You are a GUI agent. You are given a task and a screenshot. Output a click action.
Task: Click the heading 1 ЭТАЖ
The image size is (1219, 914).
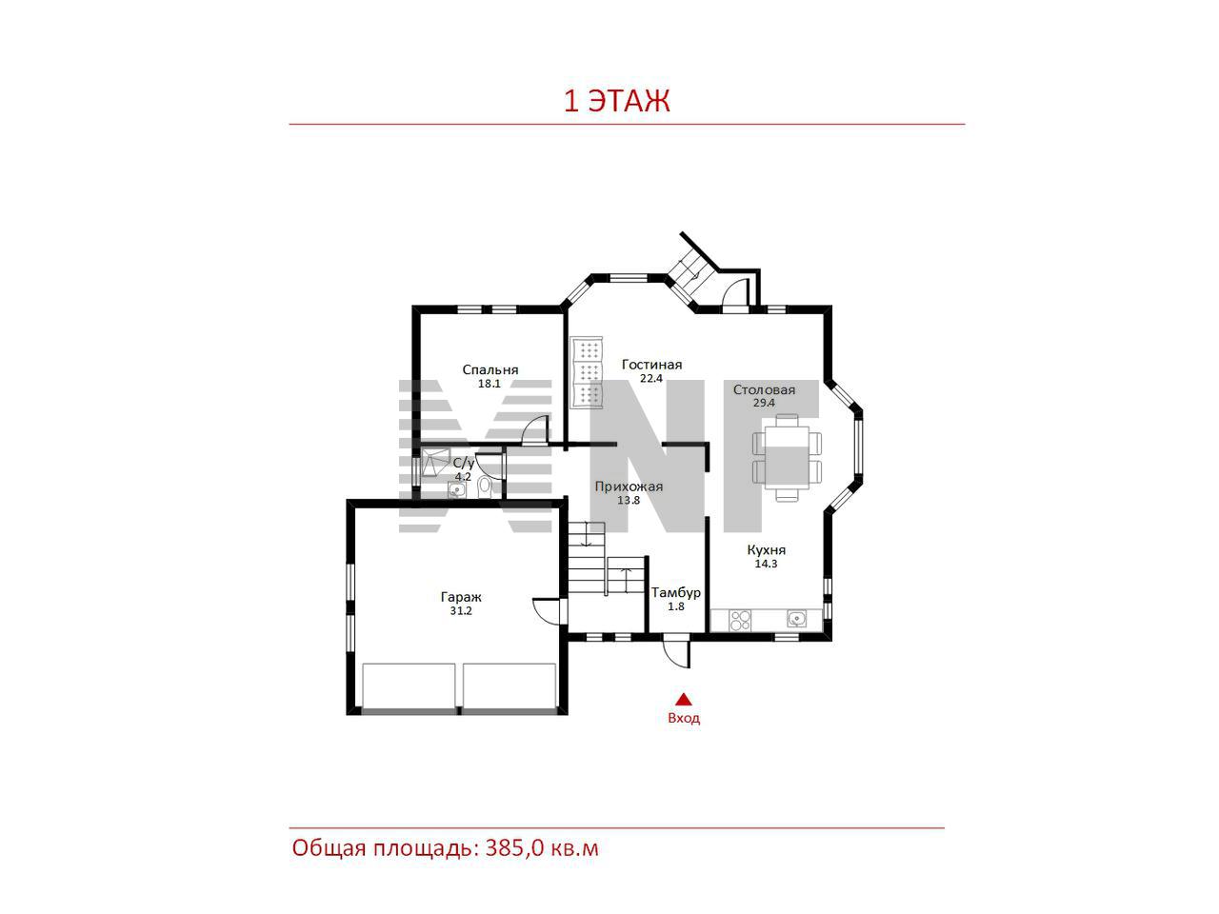click(x=616, y=101)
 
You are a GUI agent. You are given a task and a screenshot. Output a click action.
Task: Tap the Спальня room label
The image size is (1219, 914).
click(x=490, y=369)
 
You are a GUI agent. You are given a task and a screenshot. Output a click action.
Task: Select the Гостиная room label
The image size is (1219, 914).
click(x=651, y=365)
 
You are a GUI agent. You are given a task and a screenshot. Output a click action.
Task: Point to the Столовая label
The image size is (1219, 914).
click(x=764, y=389)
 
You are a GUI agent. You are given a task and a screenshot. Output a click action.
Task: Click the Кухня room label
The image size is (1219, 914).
click(x=766, y=550)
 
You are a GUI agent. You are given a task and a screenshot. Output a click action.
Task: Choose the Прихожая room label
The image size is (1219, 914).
click(x=629, y=487)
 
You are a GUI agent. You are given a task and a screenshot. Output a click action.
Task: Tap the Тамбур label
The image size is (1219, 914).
click(x=676, y=593)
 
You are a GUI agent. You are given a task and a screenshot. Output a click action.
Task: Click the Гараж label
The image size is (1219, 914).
click(x=461, y=597)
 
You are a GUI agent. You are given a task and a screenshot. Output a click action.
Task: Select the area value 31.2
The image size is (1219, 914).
click(x=461, y=611)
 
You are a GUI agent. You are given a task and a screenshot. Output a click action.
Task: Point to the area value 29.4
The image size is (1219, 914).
click(x=764, y=403)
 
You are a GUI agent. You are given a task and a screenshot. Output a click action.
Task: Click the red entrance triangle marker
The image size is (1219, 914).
click(x=684, y=699)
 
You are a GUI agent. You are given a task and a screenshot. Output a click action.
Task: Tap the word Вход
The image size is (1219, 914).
click(x=684, y=718)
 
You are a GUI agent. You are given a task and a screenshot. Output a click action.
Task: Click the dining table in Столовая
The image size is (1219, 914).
click(x=787, y=458)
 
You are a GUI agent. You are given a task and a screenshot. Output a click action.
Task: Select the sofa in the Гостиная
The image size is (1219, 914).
click(x=587, y=371)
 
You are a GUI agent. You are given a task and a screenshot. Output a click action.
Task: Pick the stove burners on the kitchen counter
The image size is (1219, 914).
click(x=740, y=621)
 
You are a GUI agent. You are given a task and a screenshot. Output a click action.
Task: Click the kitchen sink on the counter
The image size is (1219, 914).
click(x=797, y=618)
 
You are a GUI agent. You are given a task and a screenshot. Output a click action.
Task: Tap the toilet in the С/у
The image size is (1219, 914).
click(x=485, y=487)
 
